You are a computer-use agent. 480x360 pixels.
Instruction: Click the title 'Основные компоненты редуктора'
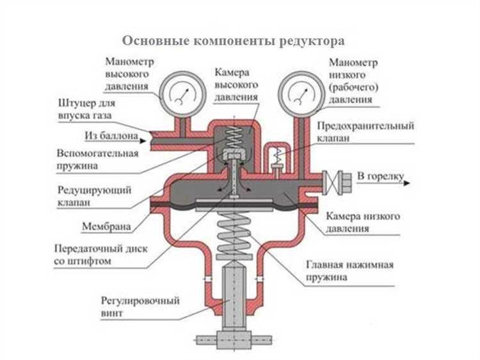(x=234, y=40)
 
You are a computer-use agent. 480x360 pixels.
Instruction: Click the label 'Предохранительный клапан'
(x=365, y=132)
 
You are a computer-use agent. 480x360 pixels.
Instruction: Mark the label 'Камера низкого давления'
(x=363, y=222)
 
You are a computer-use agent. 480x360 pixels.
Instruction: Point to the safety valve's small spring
(x=278, y=154)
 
